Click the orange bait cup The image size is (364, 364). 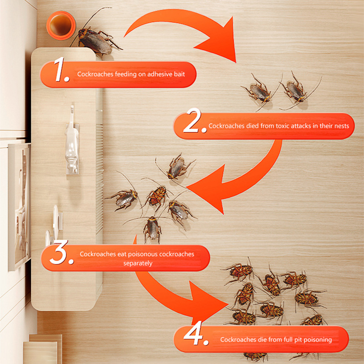61,25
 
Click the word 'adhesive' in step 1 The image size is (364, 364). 160,74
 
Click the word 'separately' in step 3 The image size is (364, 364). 138,263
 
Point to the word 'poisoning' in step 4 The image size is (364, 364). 318,340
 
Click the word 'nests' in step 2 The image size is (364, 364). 342,126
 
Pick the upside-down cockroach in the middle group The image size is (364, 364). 157,196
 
